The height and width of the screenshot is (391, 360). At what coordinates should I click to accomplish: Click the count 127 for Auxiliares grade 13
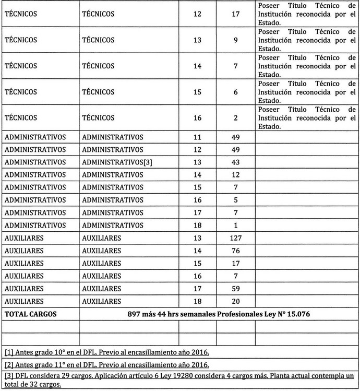click(x=235, y=238)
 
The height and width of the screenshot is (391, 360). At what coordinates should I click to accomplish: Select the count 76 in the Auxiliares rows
click(x=235, y=251)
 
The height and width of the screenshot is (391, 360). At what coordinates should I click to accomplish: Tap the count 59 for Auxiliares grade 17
click(x=235, y=289)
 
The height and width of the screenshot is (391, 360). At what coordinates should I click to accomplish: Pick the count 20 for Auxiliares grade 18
click(x=235, y=301)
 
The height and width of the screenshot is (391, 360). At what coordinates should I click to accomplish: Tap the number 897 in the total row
click(x=135, y=314)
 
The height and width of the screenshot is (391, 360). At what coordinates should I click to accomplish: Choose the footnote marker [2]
click(x=9, y=364)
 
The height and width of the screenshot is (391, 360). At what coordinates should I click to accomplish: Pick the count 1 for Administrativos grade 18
click(x=235, y=225)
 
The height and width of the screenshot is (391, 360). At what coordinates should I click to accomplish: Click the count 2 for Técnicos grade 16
click(x=235, y=118)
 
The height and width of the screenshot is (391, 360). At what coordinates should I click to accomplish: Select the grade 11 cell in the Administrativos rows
click(x=197, y=137)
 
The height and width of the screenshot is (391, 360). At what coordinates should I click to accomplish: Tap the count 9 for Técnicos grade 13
click(x=235, y=41)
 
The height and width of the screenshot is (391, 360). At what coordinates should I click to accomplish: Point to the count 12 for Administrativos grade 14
click(x=235, y=174)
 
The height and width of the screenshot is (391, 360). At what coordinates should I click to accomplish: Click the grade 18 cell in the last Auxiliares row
click(x=197, y=301)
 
